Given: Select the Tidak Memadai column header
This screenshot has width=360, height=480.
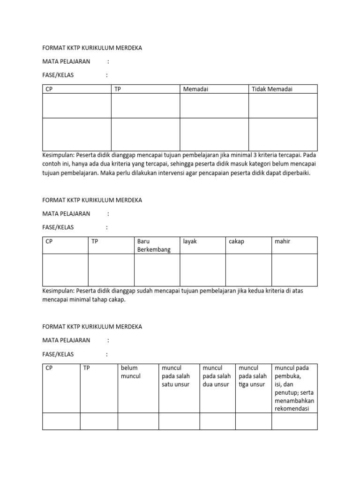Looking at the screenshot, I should (x=272, y=89).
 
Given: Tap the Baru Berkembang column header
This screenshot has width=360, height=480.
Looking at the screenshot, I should (x=154, y=246).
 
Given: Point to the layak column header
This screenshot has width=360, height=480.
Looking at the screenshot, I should (x=190, y=241).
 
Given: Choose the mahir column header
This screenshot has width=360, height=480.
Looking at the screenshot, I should (x=283, y=241).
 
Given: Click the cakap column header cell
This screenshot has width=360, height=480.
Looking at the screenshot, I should (x=236, y=241).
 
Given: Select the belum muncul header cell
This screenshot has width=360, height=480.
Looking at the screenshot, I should (x=131, y=372).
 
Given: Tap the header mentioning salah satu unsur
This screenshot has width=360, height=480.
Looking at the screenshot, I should (x=175, y=376).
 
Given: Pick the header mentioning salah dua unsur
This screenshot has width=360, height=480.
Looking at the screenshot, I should (x=217, y=376).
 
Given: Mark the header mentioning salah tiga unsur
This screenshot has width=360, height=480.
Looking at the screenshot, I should (x=253, y=376).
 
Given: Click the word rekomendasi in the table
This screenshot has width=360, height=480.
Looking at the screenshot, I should (x=294, y=409).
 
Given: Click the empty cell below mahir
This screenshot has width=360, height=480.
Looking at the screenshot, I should (x=294, y=270).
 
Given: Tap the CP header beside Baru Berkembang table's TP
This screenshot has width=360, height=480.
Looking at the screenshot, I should (x=49, y=241).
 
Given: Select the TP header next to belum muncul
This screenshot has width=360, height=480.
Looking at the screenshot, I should (x=86, y=368).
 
